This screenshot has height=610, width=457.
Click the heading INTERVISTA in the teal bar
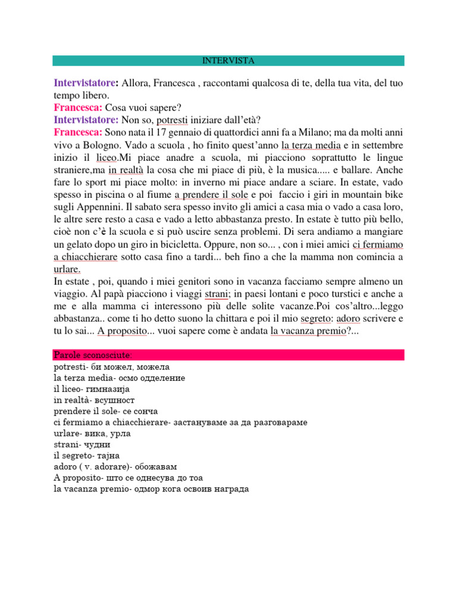click(228, 61)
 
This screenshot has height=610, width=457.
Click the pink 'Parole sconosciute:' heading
click(96, 355)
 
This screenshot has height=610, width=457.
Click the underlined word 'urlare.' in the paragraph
click(67, 269)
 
